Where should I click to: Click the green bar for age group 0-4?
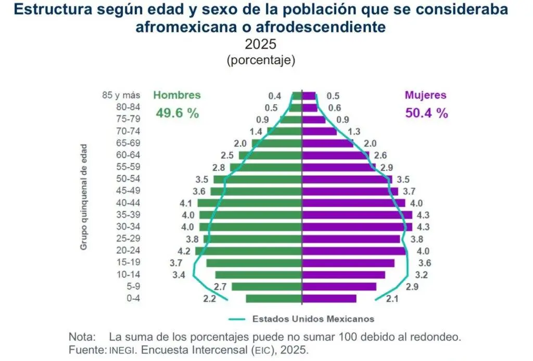(274, 299)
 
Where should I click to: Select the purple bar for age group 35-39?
(357, 215)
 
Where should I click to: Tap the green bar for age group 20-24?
(248, 251)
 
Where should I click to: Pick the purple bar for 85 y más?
(309, 96)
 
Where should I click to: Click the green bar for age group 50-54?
(258, 179)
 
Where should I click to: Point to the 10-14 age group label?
(128, 275)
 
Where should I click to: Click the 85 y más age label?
(121, 95)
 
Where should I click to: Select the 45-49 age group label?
(128, 190)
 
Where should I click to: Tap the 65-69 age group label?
(128, 143)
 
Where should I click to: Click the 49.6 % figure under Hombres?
(177, 113)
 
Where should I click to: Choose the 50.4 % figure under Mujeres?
(427, 113)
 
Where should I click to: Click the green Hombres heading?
(177, 95)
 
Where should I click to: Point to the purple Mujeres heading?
(426, 95)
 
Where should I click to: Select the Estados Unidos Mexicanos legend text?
(313, 319)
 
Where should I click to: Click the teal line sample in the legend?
(237, 319)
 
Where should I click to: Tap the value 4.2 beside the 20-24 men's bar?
(184, 251)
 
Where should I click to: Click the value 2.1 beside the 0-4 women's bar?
(392, 299)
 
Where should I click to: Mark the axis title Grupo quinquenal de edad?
(84, 197)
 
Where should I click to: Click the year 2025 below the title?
(261, 44)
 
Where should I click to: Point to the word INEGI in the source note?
(122, 350)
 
